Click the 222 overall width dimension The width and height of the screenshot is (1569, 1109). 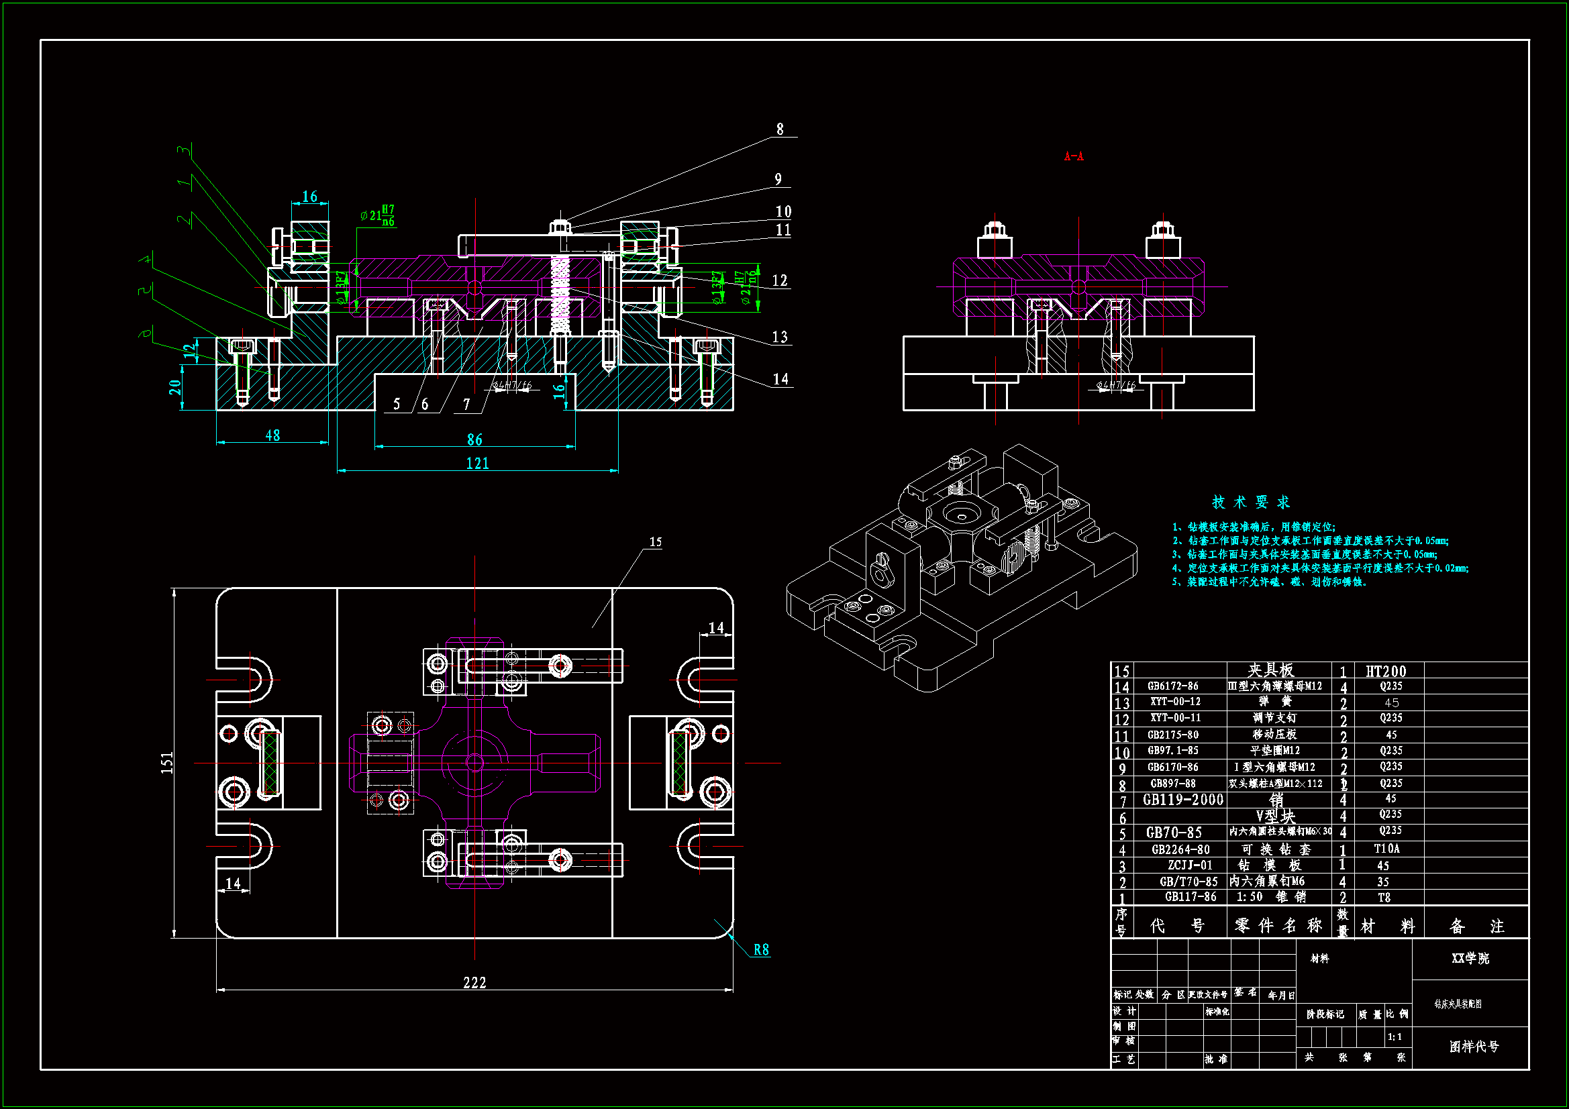click(x=474, y=983)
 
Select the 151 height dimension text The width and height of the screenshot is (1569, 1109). click(x=167, y=763)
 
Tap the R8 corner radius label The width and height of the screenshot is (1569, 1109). click(x=761, y=950)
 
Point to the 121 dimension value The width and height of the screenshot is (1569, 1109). click(x=478, y=464)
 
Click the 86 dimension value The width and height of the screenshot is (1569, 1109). click(x=474, y=440)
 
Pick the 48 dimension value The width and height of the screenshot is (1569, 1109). click(x=272, y=436)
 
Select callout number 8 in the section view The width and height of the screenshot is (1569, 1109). click(x=780, y=129)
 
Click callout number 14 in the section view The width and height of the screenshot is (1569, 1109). click(x=780, y=379)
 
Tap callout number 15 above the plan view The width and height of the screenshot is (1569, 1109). click(x=656, y=542)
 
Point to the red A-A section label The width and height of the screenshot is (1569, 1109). click(x=1074, y=156)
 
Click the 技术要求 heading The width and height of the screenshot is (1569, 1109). click(x=1250, y=503)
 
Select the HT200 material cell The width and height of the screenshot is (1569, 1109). click(x=1385, y=671)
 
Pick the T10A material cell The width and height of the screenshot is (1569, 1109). click(x=1386, y=849)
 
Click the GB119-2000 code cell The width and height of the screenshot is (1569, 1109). click(x=1183, y=800)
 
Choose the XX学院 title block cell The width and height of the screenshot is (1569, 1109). click(x=1470, y=959)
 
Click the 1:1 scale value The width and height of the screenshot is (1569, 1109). click(x=1395, y=1037)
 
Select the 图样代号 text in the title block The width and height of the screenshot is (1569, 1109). click(x=1473, y=1047)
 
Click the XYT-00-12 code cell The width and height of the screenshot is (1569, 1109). click(x=1175, y=702)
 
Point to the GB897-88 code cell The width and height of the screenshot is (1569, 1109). click(x=1172, y=784)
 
